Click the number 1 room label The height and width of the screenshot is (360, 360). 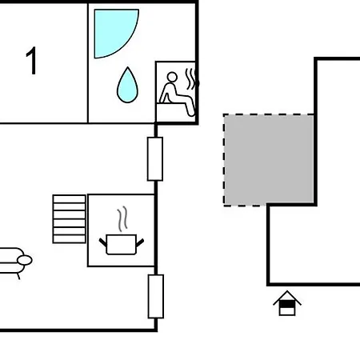pos(31,61)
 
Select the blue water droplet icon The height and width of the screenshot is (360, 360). pos(127,86)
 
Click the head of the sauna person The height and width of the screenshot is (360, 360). pos(172,77)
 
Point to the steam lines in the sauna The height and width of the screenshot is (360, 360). pos(191,79)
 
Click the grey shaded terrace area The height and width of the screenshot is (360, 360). pos(269,159)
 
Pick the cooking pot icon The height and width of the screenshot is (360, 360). pos(122,245)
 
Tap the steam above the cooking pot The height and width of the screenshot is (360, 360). pos(122,218)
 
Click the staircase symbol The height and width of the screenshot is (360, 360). pos(70,219)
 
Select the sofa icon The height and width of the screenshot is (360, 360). pos(14,262)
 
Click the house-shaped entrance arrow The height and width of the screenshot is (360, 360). pos(287,303)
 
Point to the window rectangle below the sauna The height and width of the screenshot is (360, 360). pos(155,159)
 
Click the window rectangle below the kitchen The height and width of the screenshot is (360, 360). pos(156,296)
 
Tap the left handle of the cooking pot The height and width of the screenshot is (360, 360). pos(103,242)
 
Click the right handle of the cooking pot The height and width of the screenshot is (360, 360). pos(140,242)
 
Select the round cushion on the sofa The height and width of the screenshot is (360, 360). pos(25,260)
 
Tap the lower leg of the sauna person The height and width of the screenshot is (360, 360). pos(190,106)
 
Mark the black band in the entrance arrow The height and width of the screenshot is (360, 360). pos(287,304)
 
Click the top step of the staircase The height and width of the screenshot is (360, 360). pos(70,199)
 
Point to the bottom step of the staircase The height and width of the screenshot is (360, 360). pos(70,239)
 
